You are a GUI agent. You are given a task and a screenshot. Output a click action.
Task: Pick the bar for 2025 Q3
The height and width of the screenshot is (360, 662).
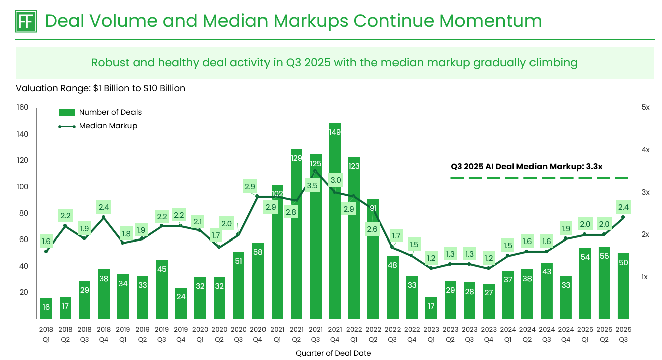[623, 286]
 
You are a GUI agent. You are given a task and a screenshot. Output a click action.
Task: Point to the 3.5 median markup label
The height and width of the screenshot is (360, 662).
[312, 185]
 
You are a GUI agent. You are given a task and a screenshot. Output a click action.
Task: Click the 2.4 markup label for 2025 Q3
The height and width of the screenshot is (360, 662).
[623, 207]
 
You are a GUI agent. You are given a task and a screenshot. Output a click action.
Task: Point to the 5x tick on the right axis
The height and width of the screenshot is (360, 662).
[645, 108]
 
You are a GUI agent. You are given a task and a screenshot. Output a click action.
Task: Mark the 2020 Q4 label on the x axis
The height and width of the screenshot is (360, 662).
[257, 334]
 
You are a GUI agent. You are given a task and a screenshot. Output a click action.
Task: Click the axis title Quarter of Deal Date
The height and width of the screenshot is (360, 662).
[333, 353]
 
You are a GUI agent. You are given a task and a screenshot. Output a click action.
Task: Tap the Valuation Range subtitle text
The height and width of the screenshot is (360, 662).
[100, 88]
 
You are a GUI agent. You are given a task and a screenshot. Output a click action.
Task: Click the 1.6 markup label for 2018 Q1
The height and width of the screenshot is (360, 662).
[46, 241]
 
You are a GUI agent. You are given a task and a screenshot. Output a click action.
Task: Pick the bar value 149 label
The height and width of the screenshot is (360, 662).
[335, 132]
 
